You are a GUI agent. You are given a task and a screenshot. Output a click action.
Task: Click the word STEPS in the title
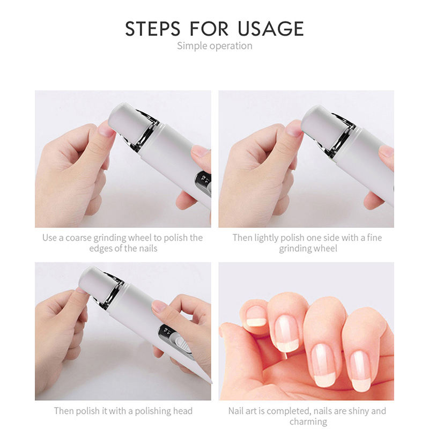153,28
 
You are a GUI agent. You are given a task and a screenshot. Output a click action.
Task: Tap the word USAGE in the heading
271,28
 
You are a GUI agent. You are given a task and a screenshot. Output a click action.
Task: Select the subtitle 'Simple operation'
214,46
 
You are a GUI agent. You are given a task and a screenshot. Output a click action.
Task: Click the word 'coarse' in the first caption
78,238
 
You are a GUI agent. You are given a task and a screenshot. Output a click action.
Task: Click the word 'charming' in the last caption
308,422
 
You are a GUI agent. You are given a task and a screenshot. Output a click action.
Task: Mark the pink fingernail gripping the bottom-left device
160,306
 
